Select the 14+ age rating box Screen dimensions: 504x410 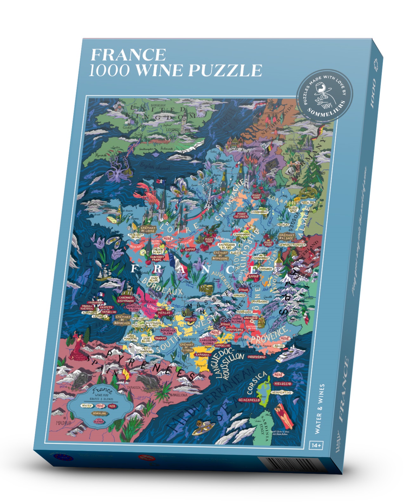click(316, 445)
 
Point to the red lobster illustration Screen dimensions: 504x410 click(146, 193)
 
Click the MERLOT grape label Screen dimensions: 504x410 click(164, 312)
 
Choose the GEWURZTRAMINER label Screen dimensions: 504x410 click(292, 245)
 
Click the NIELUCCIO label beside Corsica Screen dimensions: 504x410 click(283, 383)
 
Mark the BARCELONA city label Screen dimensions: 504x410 click(179, 395)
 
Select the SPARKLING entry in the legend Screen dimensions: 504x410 click(100, 413)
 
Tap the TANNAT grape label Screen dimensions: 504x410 click(160, 338)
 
